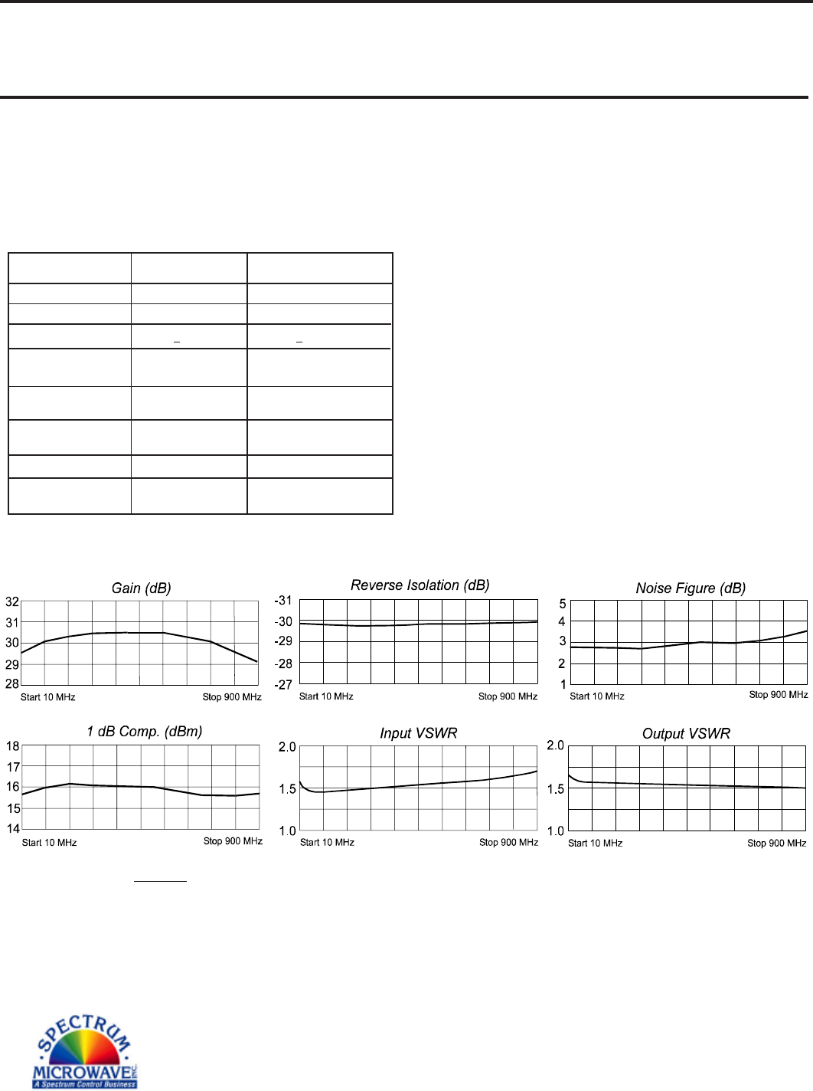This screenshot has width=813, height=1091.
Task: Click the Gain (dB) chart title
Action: click(142, 588)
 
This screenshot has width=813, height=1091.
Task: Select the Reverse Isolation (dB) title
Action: click(420, 585)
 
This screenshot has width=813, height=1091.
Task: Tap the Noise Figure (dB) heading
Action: click(691, 588)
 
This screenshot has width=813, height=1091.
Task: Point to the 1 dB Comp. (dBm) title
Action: click(145, 732)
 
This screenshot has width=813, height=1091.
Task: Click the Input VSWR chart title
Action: click(419, 733)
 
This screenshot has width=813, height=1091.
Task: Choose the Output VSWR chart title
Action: click(687, 734)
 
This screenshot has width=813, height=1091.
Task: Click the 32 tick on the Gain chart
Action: click(12, 602)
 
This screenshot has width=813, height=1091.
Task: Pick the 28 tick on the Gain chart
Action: click(12, 684)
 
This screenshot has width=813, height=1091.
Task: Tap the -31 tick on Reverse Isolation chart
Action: click(283, 601)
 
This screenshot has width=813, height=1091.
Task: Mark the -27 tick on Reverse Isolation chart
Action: click(283, 684)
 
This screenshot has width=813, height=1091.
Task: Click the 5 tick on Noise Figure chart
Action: click(563, 604)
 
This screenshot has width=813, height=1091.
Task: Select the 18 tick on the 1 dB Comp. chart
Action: click(13, 746)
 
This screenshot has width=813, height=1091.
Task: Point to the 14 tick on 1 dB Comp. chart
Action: click(13, 828)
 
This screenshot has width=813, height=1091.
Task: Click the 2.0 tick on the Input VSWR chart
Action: click(287, 747)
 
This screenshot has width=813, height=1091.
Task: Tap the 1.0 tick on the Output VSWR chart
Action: click(555, 831)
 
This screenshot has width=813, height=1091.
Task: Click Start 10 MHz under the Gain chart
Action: click(47, 697)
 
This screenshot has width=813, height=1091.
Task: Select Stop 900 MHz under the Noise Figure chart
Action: click(779, 695)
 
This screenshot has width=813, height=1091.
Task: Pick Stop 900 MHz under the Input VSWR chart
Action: click(508, 843)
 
